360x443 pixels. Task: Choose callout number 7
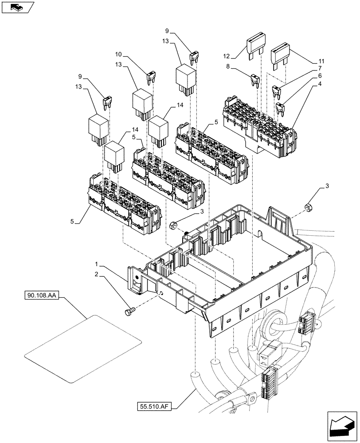(x=318, y=69)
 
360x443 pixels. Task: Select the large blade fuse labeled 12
(x=255, y=46)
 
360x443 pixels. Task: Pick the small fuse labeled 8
(x=255, y=80)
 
